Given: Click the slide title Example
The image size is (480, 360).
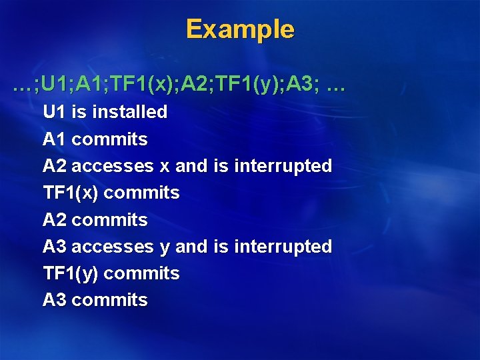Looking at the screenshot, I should click(x=239, y=29).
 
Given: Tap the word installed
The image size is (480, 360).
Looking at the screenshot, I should click(x=129, y=112).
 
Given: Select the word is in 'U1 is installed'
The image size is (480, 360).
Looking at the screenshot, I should click(x=79, y=112).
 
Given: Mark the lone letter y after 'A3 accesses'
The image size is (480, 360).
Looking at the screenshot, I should click(x=165, y=247).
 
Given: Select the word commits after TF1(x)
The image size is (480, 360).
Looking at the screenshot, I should click(x=142, y=193).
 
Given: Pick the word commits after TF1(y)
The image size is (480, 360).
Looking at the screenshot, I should click(x=142, y=273).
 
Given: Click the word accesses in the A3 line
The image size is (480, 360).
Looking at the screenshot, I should click(x=112, y=247).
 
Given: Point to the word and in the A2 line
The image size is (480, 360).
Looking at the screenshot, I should click(x=191, y=166).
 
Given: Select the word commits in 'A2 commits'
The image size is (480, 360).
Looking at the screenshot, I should click(x=109, y=220).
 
